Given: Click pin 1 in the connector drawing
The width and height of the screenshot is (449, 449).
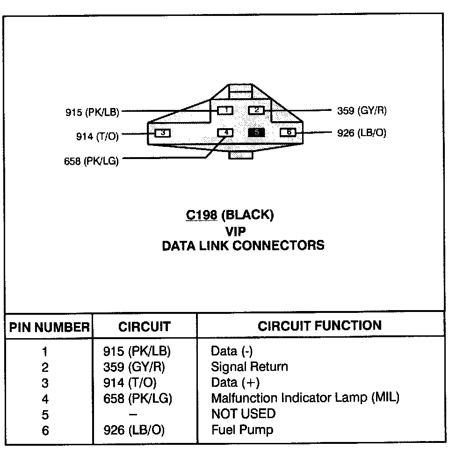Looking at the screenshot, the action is [225, 110].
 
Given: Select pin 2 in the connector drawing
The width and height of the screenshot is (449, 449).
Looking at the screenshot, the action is [256, 110].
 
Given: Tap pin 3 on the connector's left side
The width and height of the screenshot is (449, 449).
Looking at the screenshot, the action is [162, 133].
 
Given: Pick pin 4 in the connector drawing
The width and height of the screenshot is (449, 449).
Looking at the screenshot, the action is [225, 132].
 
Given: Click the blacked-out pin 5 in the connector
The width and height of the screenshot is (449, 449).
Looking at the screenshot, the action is [256, 132].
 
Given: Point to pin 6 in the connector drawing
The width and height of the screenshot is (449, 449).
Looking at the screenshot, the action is [288, 132].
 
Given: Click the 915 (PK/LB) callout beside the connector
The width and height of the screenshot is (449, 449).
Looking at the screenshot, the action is [92, 112].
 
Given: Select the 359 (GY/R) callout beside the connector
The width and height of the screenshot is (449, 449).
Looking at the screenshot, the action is [362, 111].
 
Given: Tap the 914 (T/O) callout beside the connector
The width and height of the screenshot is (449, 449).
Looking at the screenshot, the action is [97, 136].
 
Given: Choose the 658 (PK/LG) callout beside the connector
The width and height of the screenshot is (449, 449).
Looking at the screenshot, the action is [91, 161].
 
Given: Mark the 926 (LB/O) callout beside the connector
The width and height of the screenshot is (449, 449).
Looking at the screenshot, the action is [362, 133].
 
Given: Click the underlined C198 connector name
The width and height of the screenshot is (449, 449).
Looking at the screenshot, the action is [201, 215].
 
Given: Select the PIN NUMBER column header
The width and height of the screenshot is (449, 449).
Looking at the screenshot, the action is [49, 327].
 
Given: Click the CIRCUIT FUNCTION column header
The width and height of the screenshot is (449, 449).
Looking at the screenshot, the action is [319, 326].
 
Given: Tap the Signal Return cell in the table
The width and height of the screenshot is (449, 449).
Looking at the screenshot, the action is [249, 367].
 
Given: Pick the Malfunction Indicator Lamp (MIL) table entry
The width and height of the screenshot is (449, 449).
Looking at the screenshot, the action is [305, 398].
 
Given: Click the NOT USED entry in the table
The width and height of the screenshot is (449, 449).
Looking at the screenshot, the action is [243, 413].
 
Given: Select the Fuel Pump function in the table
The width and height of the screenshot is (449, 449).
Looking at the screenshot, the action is [242, 429].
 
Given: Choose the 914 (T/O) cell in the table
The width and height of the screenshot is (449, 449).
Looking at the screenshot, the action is [130, 383].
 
